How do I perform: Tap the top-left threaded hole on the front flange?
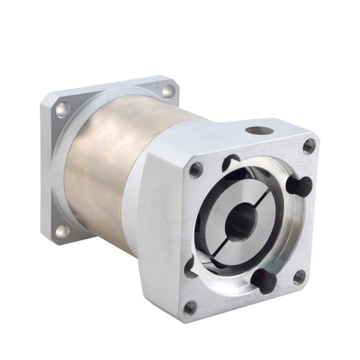[x=195, y=170]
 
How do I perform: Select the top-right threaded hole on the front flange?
[x=309, y=145]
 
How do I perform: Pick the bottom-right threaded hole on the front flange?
[x=299, y=276]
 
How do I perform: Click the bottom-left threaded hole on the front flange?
[x=189, y=308]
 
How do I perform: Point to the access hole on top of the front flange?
[x=260, y=131]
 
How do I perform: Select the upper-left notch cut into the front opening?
[x=232, y=161]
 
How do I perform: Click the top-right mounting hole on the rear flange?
[x=168, y=91]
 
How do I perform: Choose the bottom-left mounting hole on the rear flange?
[x=62, y=231]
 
